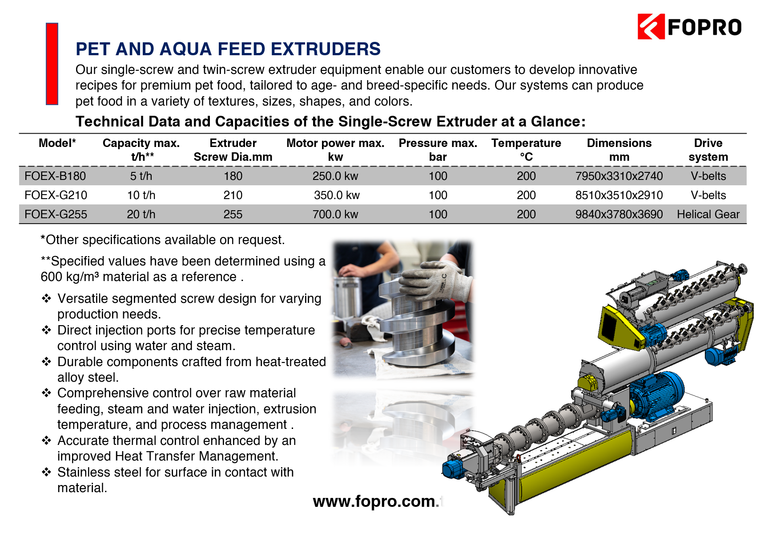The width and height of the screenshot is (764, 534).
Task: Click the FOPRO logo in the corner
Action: point(689,27)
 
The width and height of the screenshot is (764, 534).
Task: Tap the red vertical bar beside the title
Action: point(52,64)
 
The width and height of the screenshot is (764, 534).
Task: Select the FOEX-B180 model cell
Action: point(55,176)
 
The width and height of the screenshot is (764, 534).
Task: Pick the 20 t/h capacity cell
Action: point(141,214)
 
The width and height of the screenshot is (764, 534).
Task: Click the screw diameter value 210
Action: point(233,195)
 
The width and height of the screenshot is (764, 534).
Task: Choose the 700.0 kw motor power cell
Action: point(335,214)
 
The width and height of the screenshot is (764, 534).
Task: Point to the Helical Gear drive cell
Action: point(708,214)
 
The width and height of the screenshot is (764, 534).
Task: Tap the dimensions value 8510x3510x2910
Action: point(619,195)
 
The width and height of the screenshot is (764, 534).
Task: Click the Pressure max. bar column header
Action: point(438,150)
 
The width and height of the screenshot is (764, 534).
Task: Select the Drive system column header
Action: point(708,150)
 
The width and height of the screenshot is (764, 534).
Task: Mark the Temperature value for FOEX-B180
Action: point(526,176)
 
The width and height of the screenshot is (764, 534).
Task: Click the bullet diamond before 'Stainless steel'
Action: point(47,472)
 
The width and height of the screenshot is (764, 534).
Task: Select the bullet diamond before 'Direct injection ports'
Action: point(47,330)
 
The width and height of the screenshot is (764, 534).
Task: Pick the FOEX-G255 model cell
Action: point(56,214)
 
